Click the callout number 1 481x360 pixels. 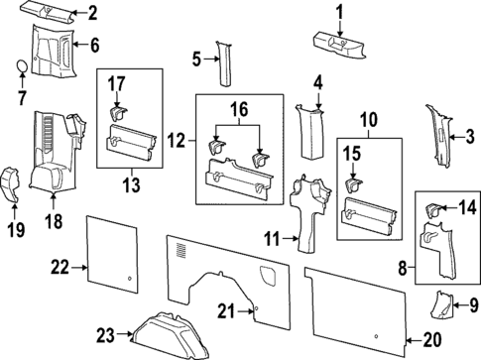pyautogui.click(x=338, y=12)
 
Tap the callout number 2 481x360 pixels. pyautogui.click(x=92, y=13)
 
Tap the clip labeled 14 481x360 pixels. pyautogui.click(x=433, y=209)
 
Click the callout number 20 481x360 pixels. pyautogui.click(x=430, y=338)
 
